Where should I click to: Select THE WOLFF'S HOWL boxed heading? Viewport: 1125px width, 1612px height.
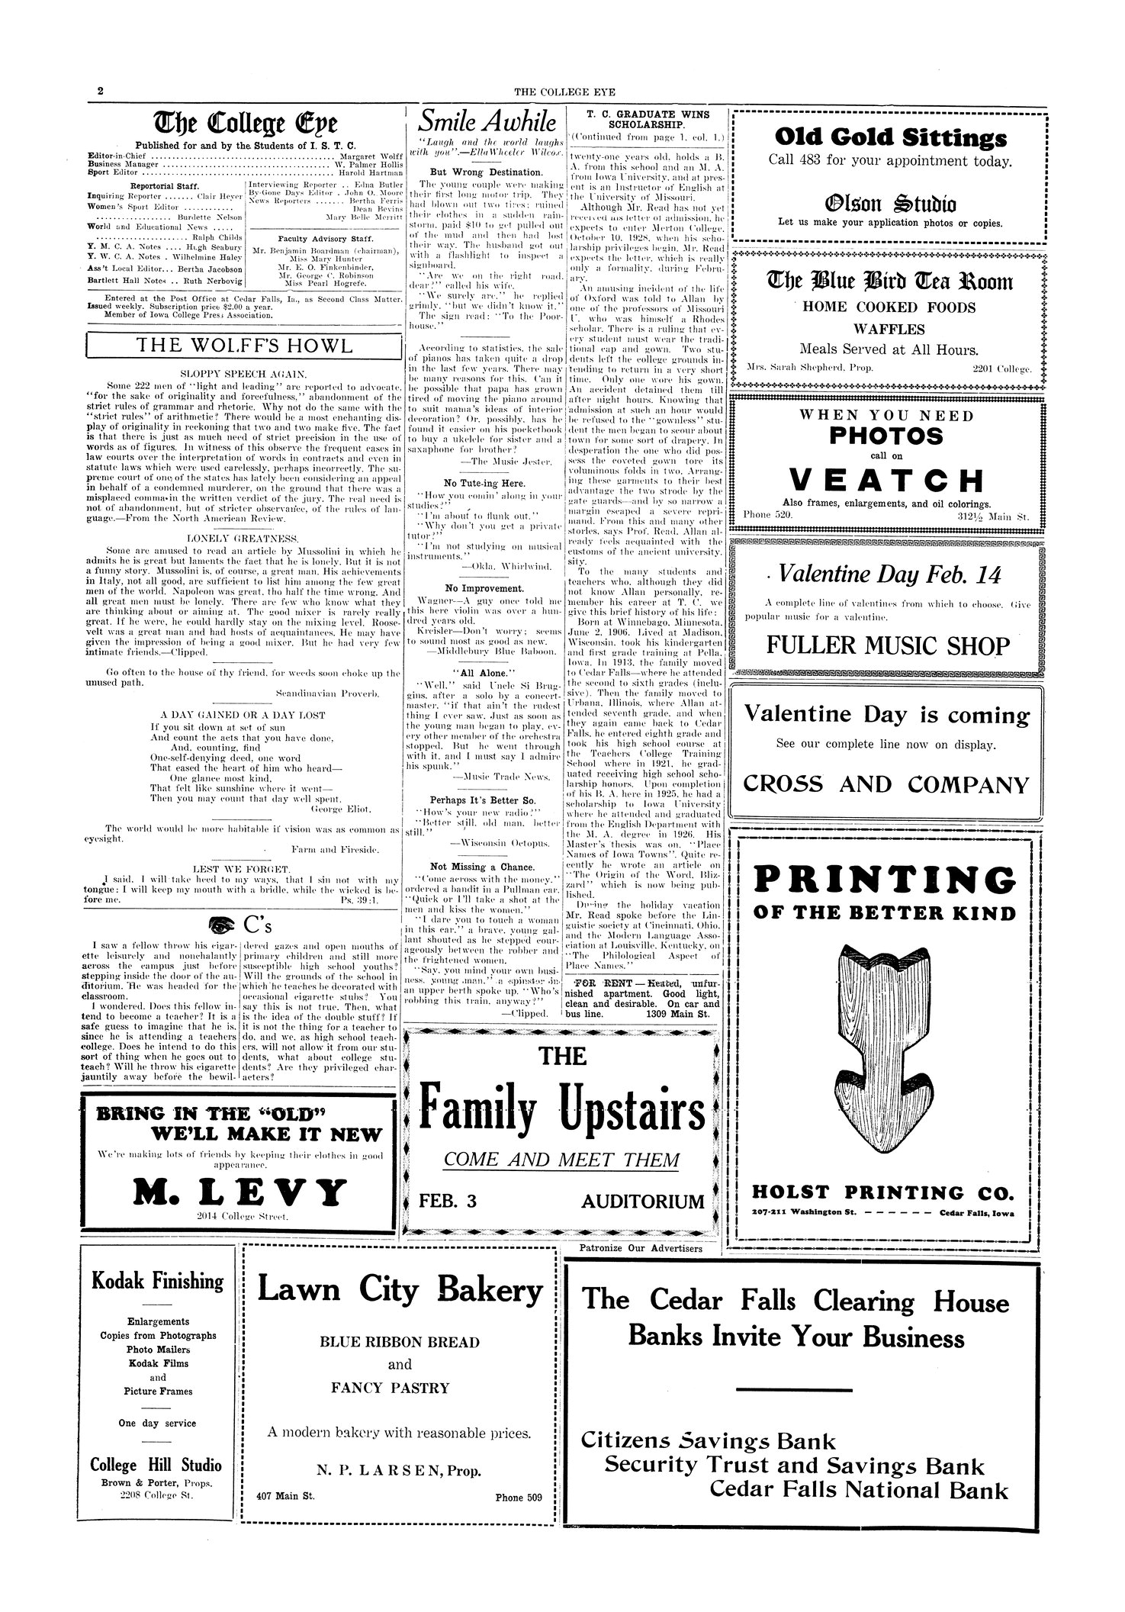pos(244,346)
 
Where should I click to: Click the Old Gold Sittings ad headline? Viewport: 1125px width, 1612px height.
pos(889,138)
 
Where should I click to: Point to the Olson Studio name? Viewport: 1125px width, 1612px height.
pos(889,204)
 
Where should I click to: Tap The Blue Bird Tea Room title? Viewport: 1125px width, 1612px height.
pos(889,282)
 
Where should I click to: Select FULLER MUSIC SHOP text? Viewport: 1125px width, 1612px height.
pos(889,648)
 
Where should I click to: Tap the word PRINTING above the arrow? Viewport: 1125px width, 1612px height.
pos(886,880)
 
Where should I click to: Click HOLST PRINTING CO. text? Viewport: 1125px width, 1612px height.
pos(886,1192)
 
